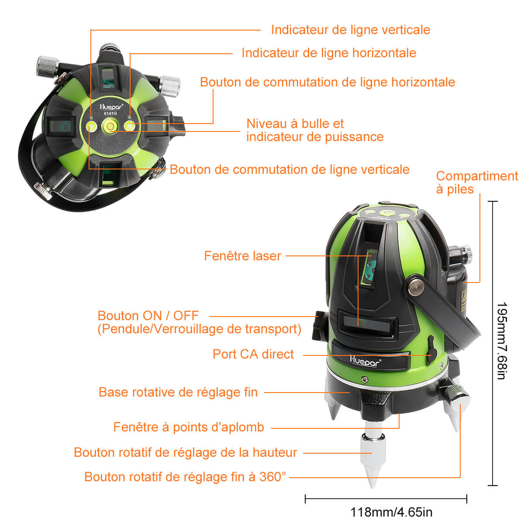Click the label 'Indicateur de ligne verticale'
(350, 30)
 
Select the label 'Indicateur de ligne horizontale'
(328, 53)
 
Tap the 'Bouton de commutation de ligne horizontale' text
(327, 82)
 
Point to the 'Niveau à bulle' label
(295, 124)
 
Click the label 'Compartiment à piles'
(476, 183)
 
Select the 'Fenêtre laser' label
(242, 256)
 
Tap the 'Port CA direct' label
(253, 354)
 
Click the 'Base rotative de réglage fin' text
(178, 392)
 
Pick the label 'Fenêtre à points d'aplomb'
(189, 427)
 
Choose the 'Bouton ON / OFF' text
(148, 316)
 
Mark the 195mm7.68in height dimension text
(501, 341)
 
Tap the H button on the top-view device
(130, 126)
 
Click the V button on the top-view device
(91, 127)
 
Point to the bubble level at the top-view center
(110, 127)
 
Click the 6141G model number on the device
(110, 114)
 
